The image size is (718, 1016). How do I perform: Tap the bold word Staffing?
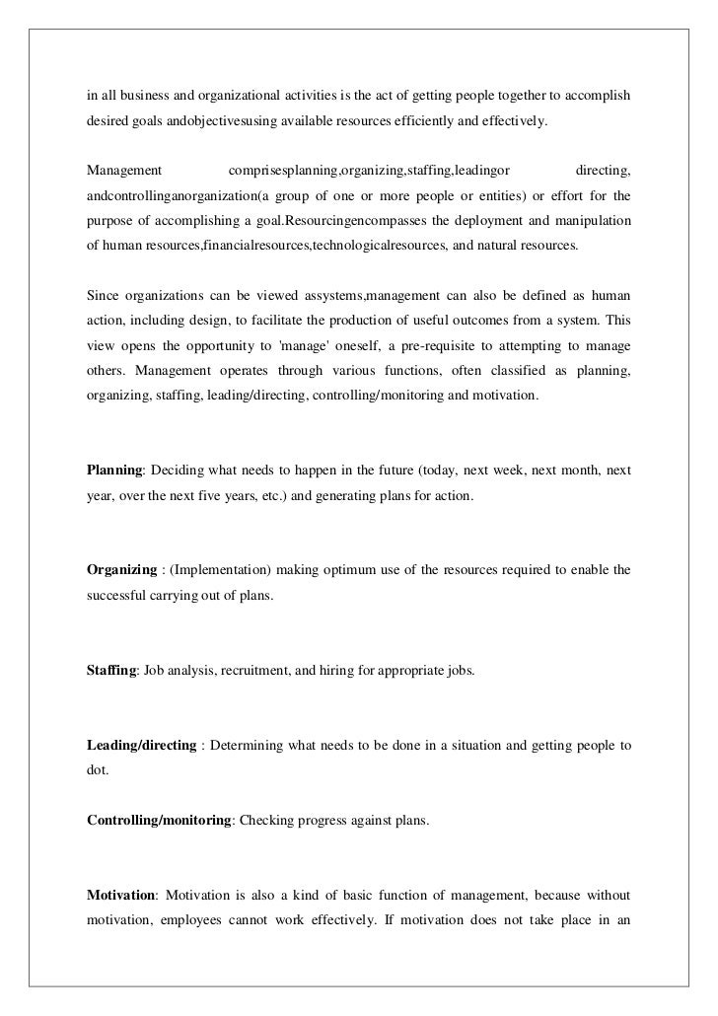[111, 671]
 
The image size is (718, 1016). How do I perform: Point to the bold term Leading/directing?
[141, 744]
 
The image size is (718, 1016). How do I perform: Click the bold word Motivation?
[121, 894]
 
